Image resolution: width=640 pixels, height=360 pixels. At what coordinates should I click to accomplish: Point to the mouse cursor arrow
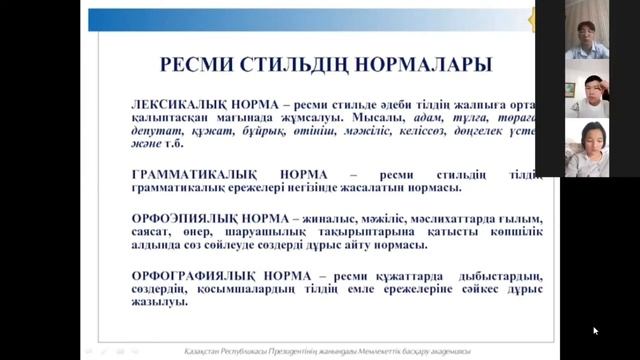[x=595, y=329]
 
